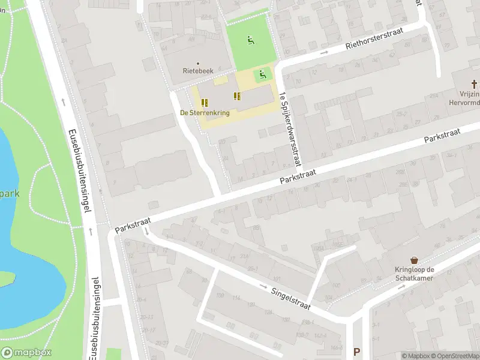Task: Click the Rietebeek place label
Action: pos(197,70)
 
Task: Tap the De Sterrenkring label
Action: pos(205,112)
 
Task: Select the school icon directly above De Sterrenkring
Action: pos(205,103)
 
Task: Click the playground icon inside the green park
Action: pos(250,41)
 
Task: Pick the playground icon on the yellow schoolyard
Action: pos(262,75)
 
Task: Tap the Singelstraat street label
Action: pos(291,298)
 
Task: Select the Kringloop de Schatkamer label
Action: pos(414,274)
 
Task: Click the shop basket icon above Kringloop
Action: pos(414,259)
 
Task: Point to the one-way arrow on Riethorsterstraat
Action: pos(325,53)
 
